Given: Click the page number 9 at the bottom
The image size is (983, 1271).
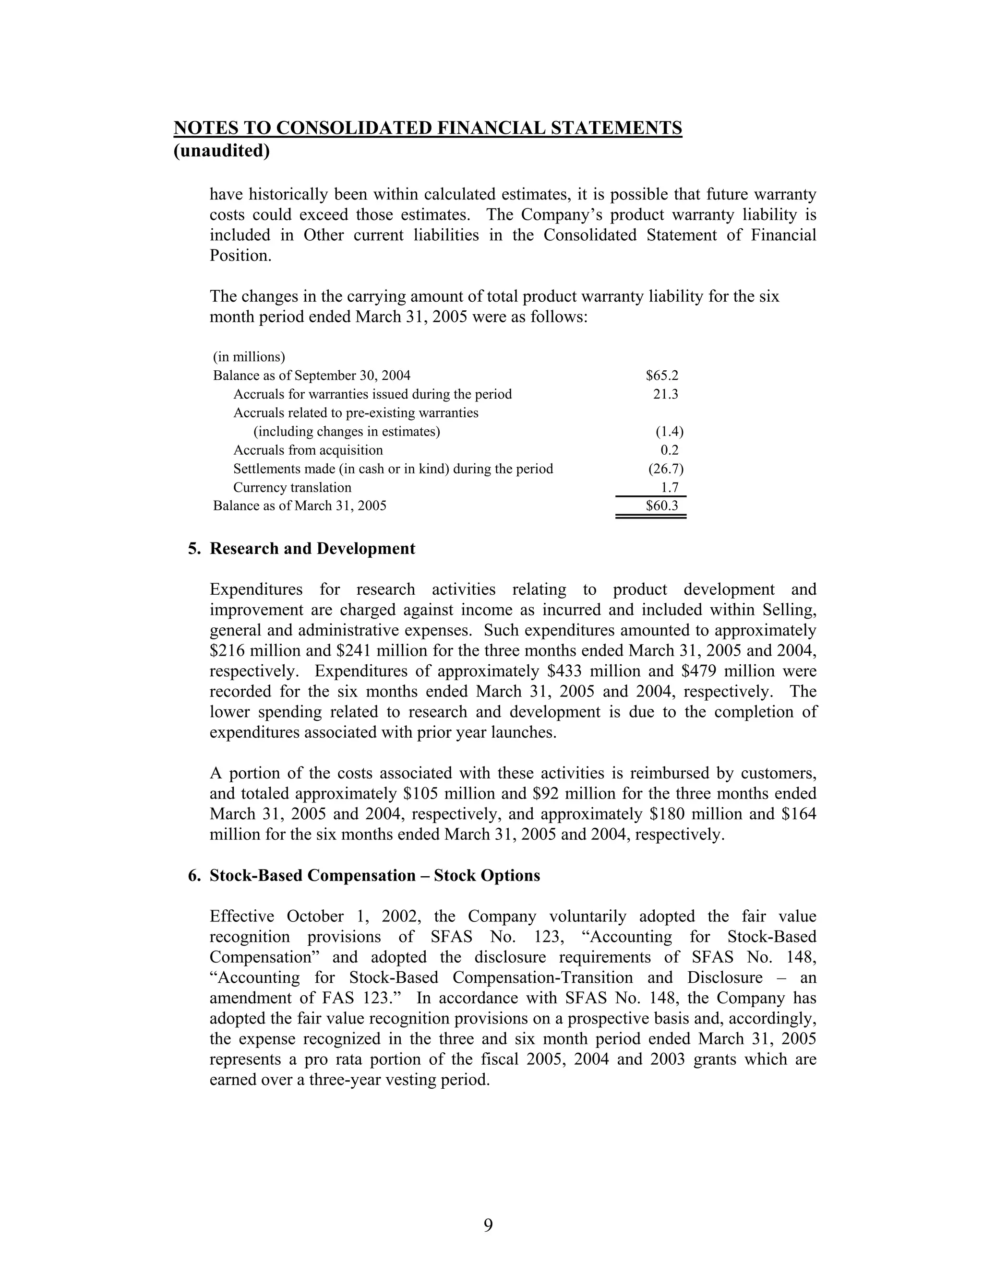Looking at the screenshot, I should (488, 1225).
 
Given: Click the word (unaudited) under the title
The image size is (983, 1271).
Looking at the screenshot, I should (222, 151).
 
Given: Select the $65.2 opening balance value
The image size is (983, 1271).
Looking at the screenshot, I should (662, 376).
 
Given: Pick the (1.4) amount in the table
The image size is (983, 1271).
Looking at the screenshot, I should (669, 431).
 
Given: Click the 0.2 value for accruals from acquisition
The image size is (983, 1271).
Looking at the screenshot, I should (669, 450).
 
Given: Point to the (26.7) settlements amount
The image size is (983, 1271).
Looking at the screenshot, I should (666, 469).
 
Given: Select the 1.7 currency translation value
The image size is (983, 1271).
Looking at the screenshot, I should (670, 487).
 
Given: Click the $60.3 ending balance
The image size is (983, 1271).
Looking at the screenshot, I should (662, 506).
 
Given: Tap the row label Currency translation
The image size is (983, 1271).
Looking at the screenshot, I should (292, 487).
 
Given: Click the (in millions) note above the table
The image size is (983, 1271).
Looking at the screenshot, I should (249, 356).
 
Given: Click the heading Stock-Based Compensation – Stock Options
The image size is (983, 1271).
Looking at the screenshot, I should (374, 876).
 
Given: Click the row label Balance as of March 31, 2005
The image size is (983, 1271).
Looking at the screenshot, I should (300, 506).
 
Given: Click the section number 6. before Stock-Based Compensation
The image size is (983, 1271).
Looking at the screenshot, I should (194, 876).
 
